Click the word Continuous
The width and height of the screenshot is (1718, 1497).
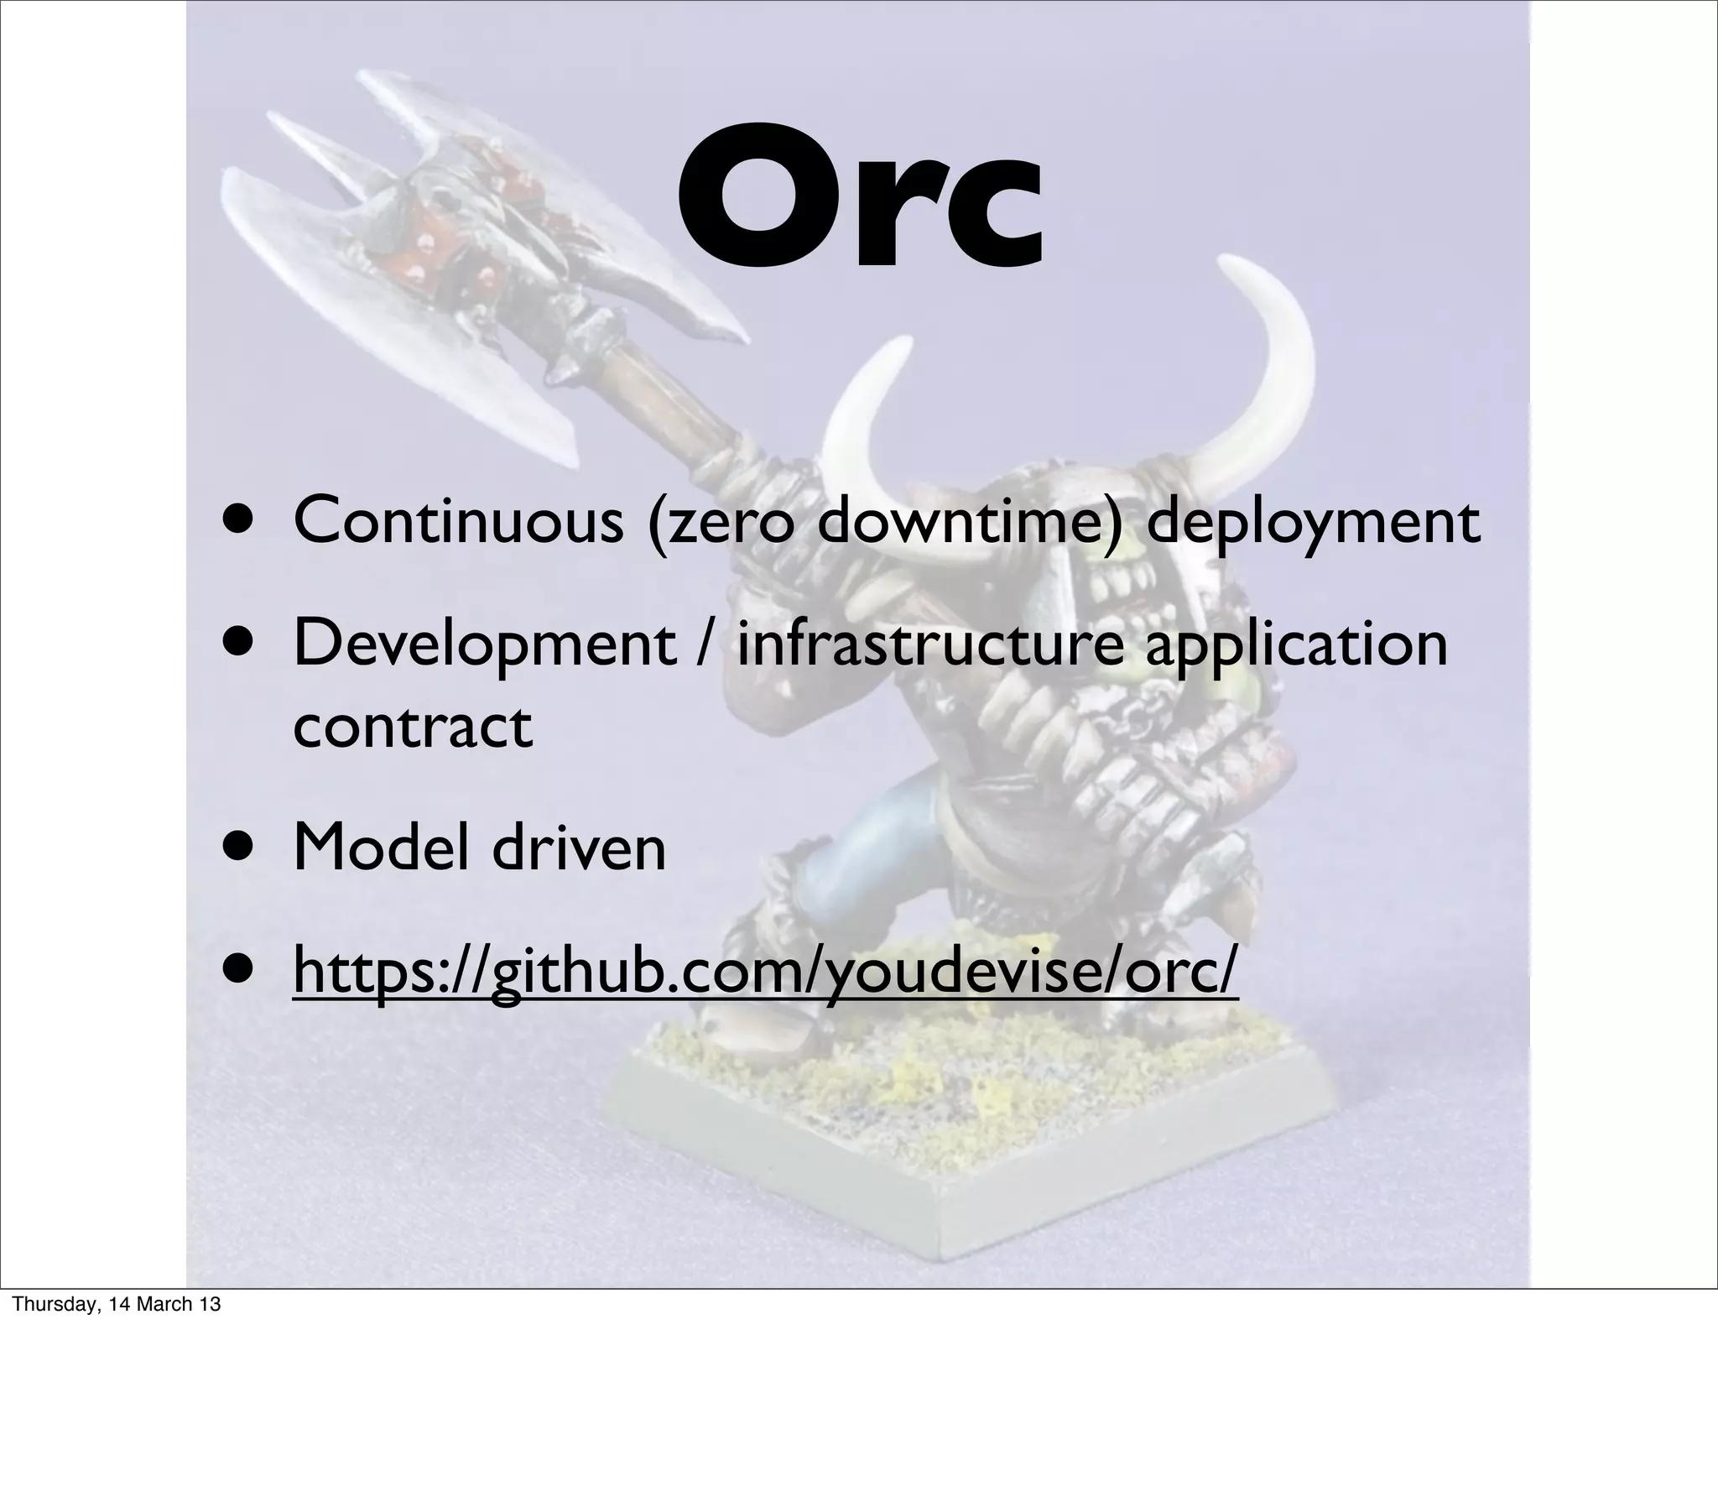[458, 521]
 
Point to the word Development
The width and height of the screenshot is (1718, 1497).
[485, 644]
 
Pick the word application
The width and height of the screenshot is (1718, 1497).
[1296, 644]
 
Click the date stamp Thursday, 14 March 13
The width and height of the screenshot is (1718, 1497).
[117, 1304]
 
